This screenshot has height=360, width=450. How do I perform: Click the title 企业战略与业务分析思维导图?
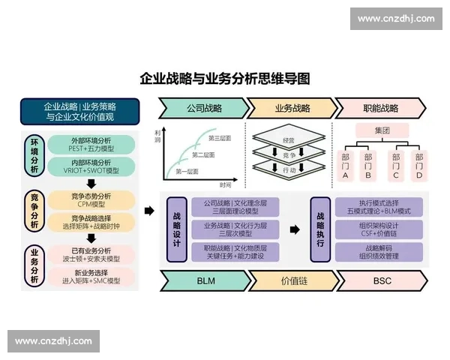click(225, 79)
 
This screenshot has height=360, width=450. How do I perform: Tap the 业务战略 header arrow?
click(291, 108)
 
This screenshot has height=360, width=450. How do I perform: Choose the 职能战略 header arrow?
click(380, 108)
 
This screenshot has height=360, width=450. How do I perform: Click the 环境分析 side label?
click(33, 155)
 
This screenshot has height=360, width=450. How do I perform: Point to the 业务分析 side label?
click(33, 266)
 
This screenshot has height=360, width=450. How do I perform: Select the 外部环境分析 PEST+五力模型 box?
click(91, 145)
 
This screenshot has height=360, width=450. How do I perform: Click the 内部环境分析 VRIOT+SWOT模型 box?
click(91, 166)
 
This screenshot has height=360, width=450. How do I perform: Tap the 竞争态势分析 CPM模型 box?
click(91, 199)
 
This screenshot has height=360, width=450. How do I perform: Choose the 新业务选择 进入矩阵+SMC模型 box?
click(91, 277)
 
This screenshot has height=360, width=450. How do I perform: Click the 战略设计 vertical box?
click(176, 229)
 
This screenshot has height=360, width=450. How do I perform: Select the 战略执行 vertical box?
click(320, 229)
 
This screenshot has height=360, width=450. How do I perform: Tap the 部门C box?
click(394, 166)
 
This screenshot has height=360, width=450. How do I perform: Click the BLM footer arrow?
click(205, 280)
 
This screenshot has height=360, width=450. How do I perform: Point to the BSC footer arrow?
click(381, 280)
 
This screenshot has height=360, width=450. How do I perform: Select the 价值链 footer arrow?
click(291, 280)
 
